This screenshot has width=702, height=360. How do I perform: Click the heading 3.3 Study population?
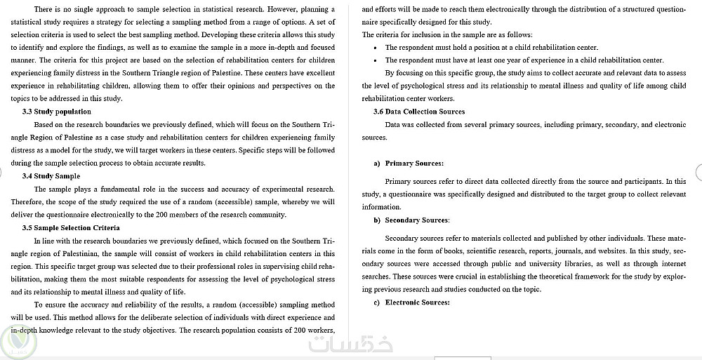tap(57, 112)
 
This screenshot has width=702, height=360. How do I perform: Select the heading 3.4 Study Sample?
tap(51, 176)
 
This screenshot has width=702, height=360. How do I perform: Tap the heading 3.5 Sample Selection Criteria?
tap(71, 227)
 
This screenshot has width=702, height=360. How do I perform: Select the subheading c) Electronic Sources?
tap(411, 302)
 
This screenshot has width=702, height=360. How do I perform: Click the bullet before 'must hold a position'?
tap(377, 48)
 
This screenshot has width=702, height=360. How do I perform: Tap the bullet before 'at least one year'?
tap(377, 60)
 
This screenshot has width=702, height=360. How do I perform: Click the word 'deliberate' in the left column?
tap(143, 318)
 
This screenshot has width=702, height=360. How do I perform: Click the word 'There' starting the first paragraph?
tap(44, 9)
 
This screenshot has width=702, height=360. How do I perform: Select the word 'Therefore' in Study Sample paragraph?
tap(27, 202)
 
